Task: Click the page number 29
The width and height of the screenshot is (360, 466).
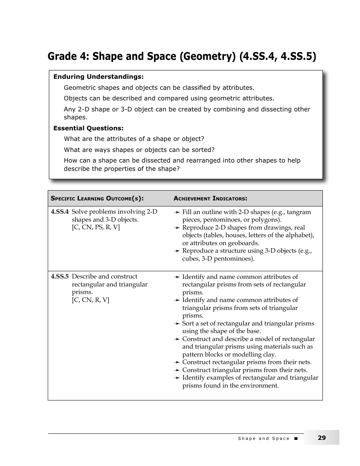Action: (x=321, y=438)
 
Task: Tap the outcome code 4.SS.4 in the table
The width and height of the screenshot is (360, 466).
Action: (x=60, y=212)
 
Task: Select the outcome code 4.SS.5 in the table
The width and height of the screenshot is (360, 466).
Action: (x=60, y=277)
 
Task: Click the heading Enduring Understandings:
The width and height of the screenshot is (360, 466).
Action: (x=98, y=77)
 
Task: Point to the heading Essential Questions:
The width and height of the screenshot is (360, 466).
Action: (x=88, y=128)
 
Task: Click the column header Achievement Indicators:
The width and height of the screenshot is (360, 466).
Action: (x=210, y=199)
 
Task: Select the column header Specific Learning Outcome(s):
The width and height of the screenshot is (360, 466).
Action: (x=97, y=199)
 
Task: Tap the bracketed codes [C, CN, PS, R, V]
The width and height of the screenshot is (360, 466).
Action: (x=95, y=227)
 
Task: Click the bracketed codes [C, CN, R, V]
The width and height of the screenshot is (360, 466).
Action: (x=90, y=300)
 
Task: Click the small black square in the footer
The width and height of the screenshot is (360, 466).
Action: (x=296, y=438)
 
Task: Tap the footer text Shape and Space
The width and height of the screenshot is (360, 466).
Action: (x=263, y=438)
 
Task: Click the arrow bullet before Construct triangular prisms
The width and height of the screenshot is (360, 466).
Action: (x=177, y=370)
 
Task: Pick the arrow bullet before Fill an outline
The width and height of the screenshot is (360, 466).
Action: (x=177, y=212)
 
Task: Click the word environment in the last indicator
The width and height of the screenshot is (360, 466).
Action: (x=260, y=386)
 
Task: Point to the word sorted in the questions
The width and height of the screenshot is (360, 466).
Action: (x=204, y=150)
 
